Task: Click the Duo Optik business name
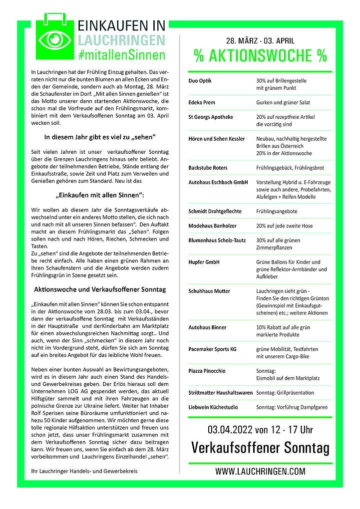pyautogui.click(x=200, y=80)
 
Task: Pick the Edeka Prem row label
pyautogui.click(x=202, y=102)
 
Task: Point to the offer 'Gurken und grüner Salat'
pyautogui.click(x=283, y=102)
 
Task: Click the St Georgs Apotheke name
pyautogui.click(x=211, y=117)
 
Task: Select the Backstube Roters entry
pyautogui.click(x=208, y=168)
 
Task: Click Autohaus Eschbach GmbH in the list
pyautogui.click(x=218, y=183)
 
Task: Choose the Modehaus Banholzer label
pyautogui.click(x=213, y=226)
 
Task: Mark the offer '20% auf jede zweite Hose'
pyautogui.click(x=284, y=226)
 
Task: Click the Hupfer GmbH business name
pyautogui.click(x=204, y=262)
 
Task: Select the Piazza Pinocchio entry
pyautogui.click(x=207, y=371)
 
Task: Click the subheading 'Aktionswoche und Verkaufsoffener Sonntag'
pyautogui.click(x=100, y=289)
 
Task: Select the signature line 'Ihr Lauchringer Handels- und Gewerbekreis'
pyautogui.click(x=84, y=471)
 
